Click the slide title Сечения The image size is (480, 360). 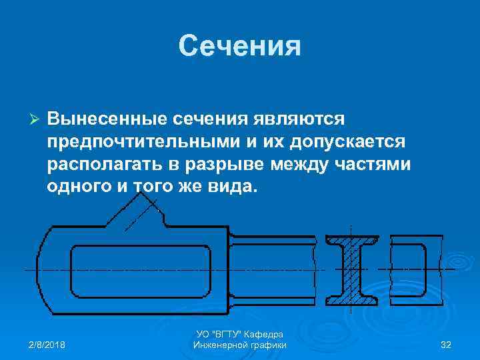pyautogui.click(x=240, y=47)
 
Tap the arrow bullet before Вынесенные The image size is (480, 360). pyautogui.click(x=37, y=119)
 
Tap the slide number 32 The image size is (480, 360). pyautogui.click(x=447, y=344)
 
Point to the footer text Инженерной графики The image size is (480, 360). pyautogui.click(x=240, y=345)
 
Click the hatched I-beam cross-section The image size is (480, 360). pyautogui.click(x=351, y=269)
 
